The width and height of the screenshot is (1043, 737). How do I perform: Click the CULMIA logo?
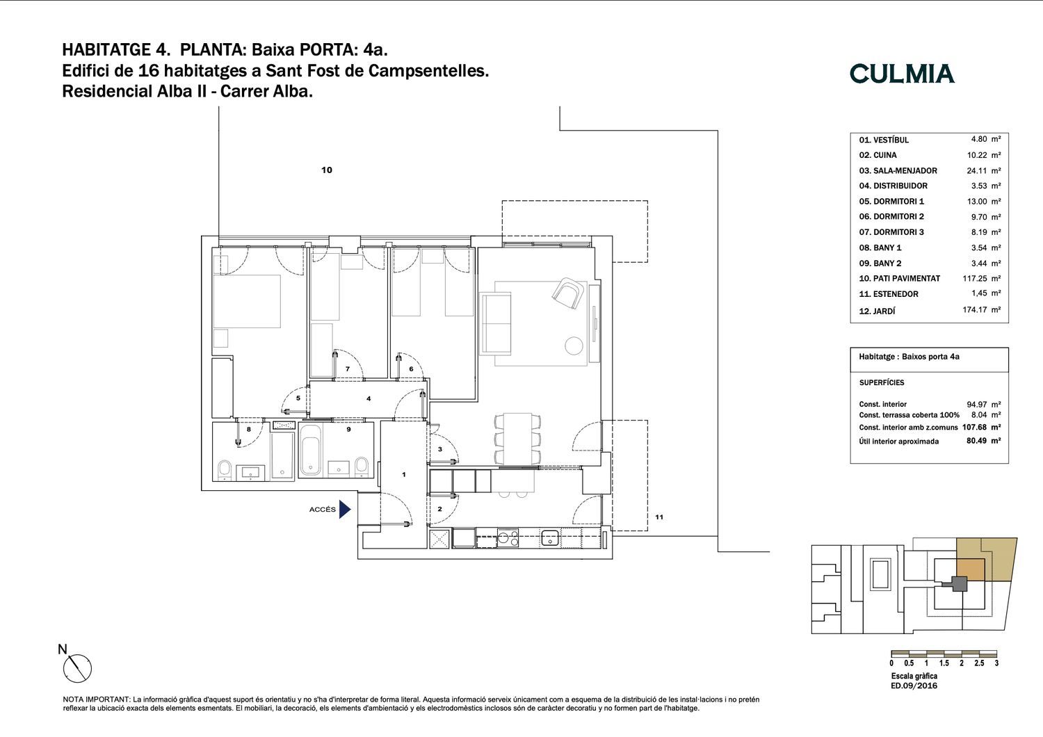point(902,74)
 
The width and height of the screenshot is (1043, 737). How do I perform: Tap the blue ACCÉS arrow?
point(345,510)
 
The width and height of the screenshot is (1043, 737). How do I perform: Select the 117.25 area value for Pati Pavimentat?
point(975,278)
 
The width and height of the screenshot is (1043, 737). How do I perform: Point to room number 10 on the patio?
point(327,170)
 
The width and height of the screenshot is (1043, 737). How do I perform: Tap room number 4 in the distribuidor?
point(369,398)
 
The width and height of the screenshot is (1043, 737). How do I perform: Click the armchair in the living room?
point(568,293)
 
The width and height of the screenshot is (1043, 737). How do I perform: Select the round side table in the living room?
point(574,346)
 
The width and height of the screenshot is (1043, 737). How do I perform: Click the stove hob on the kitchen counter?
point(508,538)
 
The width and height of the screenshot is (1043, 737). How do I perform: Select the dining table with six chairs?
point(517,439)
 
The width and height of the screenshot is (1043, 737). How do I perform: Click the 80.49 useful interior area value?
point(976,440)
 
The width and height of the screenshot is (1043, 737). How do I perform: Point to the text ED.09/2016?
point(914,686)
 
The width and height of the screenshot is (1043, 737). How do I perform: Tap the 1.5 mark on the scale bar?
point(944,663)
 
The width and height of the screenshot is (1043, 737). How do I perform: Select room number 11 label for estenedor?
point(659,517)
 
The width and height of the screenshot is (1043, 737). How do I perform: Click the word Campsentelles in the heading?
point(428,71)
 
